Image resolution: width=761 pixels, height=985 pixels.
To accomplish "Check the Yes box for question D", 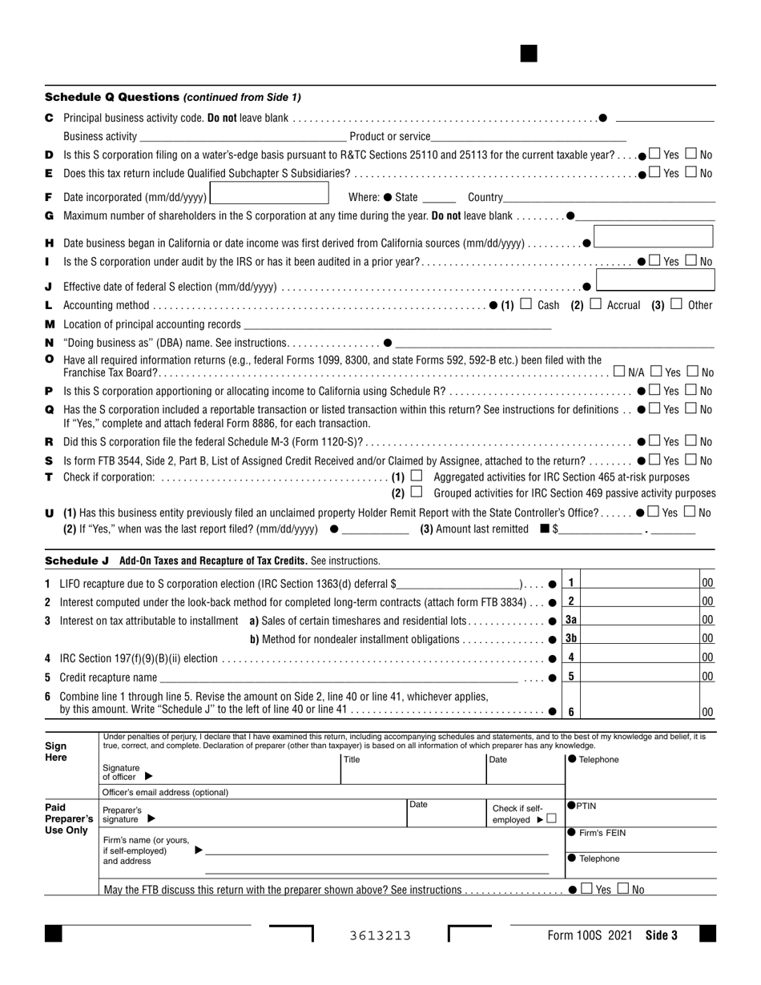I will coord(655,154).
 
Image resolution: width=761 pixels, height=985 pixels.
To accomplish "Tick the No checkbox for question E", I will coord(692,173).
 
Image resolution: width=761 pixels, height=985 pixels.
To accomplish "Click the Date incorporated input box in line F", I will coord(269,194).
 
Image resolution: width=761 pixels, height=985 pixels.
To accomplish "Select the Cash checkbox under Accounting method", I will coord(526,304).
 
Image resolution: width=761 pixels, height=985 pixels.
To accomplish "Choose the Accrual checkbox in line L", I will coord(595,304).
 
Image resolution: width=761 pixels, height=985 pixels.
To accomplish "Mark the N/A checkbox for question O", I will coord(619,372).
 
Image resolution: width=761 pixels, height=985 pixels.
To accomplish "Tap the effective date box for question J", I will coord(656,280).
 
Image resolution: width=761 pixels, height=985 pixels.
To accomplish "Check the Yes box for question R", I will coord(655,441).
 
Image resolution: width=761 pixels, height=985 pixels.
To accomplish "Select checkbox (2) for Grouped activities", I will coord(416,493).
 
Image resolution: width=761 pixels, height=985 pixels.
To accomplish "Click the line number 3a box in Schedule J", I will coord(571,620).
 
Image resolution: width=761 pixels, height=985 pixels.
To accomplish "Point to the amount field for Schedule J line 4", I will coord(641,657).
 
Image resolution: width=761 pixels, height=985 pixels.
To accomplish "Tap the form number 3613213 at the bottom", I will coord(380,935).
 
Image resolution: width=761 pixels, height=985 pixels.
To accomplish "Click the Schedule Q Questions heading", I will coord(112,97).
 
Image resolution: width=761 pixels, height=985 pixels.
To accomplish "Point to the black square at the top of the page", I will coord(529,54).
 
